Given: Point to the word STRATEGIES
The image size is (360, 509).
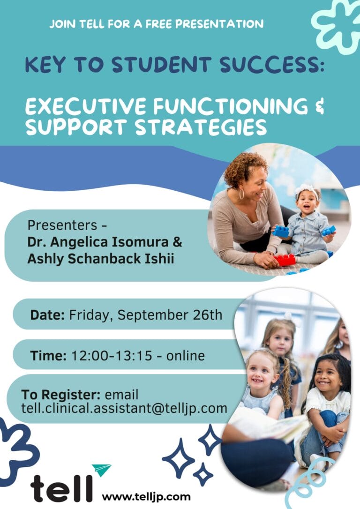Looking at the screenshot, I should pyautogui.click(x=201, y=127).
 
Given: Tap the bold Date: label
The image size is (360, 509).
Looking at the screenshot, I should pyautogui.click(x=47, y=314).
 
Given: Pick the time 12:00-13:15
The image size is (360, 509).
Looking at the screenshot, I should pyautogui.click(x=112, y=356).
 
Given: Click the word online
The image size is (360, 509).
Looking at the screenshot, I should pyautogui.click(x=186, y=356).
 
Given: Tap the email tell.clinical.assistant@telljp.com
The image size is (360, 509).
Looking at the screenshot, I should pyautogui.click(x=124, y=408).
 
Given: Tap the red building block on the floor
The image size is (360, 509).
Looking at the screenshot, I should pyautogui.click(x=285, y=260).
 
